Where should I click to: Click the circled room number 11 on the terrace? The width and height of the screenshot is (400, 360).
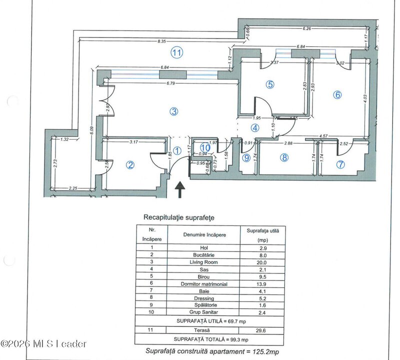(175, 51)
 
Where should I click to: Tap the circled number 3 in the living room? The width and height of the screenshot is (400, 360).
(173, 111)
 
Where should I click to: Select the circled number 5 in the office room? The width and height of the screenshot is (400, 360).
(270, 84)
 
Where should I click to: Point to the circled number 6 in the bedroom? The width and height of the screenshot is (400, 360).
(337, 94)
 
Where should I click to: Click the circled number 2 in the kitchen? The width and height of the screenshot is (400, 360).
(130, 165)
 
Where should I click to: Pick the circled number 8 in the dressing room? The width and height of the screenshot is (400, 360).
(284, 158)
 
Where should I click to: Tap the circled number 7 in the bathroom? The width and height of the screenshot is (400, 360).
(340, 164)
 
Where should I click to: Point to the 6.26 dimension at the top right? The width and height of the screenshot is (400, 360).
(306, 28)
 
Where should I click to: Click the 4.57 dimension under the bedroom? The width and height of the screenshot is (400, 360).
(337, 136)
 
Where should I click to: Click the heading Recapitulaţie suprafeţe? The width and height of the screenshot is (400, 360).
(178, 217)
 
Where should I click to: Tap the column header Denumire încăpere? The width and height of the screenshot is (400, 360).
(204, 234)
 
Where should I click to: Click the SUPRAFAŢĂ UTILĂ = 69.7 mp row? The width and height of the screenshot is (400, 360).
(210, 320)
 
